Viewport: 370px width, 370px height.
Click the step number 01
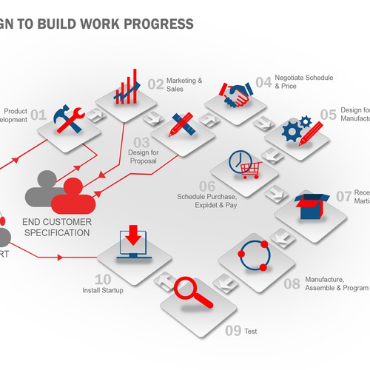tap(38, 115)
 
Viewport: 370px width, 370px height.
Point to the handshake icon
tap(236, 95)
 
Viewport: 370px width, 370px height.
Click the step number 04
tap(263, 82)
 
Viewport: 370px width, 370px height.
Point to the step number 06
tap(207, 186)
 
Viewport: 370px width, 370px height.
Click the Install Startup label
tap(103, 290)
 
